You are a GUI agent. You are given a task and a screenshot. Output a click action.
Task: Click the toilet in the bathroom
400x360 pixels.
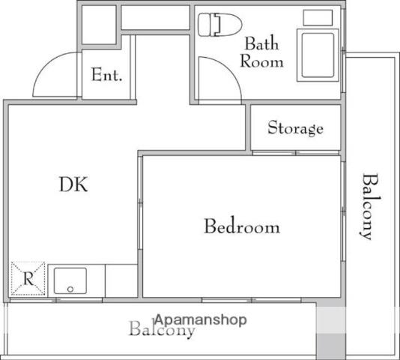pyautogui.click(x=220, y=25)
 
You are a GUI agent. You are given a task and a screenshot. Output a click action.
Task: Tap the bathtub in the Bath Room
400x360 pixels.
pyautogui.click(x=318, y=55)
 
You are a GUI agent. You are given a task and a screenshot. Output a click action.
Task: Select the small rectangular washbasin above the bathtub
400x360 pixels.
pyautogui.click(x=318, y=18)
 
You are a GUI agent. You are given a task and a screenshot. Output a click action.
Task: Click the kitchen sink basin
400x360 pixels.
pyautogui.click(x=70, y=280)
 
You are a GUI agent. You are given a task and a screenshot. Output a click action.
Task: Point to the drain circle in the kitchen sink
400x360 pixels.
pyautogui.click(x=70, y=289)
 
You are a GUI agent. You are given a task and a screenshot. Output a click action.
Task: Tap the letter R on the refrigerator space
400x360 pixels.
pyautogui.click(x=28, y=278)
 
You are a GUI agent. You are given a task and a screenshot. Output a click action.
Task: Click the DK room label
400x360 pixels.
pyautogui.click(x=73, y=184)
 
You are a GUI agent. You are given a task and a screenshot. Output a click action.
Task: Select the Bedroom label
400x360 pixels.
pyautogui.click(x=242, y=226)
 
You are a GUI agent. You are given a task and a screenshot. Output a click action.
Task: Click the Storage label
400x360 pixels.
pyautogui.click(x=295, y=127)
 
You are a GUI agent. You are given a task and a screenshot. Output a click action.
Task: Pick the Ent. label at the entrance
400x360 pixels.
pyautogui.click(x=106, y=74)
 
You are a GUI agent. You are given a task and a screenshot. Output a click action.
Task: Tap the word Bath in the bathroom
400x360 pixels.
pyautogui.click(x=261, y=43)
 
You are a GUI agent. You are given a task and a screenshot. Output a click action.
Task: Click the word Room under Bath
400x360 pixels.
pyautogui.click(x=261, y=61)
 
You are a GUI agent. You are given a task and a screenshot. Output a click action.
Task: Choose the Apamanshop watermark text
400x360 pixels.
pyautogui.click(x=201, y=320)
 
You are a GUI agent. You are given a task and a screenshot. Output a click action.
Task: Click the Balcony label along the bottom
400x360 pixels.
pyautogui.click(x=163, y=328)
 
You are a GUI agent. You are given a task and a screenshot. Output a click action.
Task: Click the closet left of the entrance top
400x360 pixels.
pyautogui.click(x=99, y=25)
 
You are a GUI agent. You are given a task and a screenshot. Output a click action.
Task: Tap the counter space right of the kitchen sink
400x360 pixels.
pyautogui.click(x=121, y=280)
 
